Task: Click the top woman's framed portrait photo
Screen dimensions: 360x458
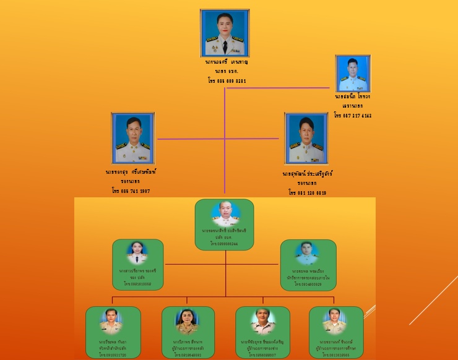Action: click(225, 33)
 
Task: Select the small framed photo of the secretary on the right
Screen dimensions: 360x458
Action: click(353, 74)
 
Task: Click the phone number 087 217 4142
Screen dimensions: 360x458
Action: click(353, 115)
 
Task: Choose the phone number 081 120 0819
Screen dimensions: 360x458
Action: click(307, 192)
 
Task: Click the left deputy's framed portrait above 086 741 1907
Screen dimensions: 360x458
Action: click(132, 138)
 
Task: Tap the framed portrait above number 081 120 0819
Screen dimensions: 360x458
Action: click(306, 138)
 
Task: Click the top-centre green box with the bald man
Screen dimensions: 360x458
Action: click(224, 224)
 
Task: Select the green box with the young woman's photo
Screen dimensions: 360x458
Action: click(137, 265)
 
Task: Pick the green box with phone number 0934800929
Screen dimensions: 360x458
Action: click(308, 265)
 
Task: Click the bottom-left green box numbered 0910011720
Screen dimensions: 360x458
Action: click(113, 332)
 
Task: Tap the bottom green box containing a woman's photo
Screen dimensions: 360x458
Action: click(188, 332)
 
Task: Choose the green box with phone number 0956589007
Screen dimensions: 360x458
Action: click(262, 332)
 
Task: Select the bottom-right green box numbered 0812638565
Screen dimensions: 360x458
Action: click(335, 332)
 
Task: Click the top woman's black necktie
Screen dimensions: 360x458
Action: click(225, 46)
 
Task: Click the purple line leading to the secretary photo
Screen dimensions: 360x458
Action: click(279, 88)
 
